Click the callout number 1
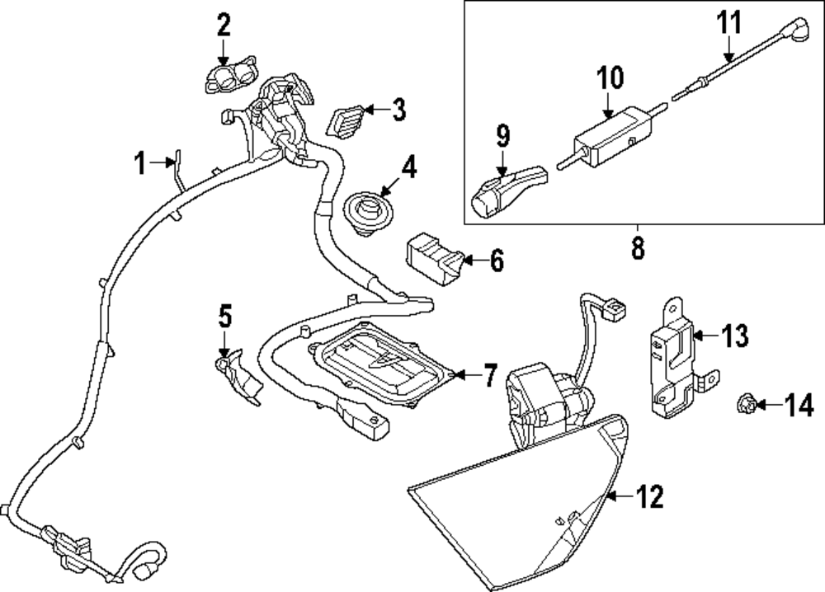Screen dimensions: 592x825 pos(140,164)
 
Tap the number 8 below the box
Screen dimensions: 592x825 pos(638,247)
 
